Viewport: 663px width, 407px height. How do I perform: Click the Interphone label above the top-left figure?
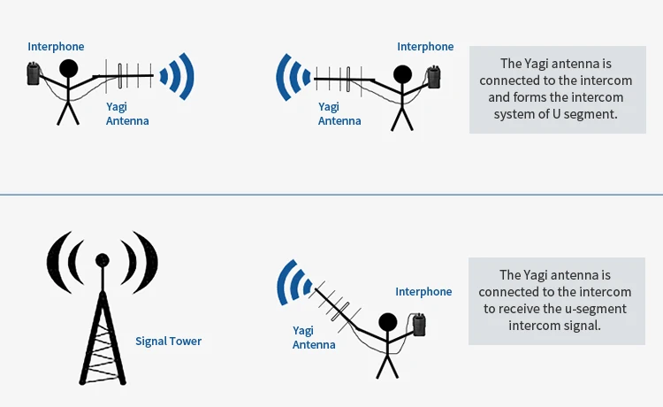pos(56,46)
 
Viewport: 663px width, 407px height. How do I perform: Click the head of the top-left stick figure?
pos(69,69)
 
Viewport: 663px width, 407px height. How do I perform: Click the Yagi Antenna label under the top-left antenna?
pos(127,114)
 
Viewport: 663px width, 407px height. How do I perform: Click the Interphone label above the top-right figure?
pos(425,46)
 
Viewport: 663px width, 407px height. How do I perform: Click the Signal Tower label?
pos(168,341)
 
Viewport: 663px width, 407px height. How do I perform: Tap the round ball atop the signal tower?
pos(102,260)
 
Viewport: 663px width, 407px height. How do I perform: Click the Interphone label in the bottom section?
pos(423,291)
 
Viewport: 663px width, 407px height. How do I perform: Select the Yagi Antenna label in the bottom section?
pos(313,337)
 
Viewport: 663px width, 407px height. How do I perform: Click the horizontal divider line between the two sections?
pos(331,195)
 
